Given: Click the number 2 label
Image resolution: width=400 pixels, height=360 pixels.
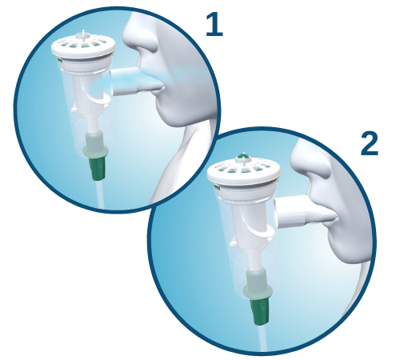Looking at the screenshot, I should click(x=369, y=144).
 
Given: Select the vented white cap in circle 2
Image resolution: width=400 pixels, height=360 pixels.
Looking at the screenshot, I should click(x=243, y=174).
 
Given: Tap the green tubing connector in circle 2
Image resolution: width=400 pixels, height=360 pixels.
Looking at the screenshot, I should click(x=261, y=310).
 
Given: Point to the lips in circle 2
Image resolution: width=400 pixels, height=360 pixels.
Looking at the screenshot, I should click(x=330, y=213).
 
